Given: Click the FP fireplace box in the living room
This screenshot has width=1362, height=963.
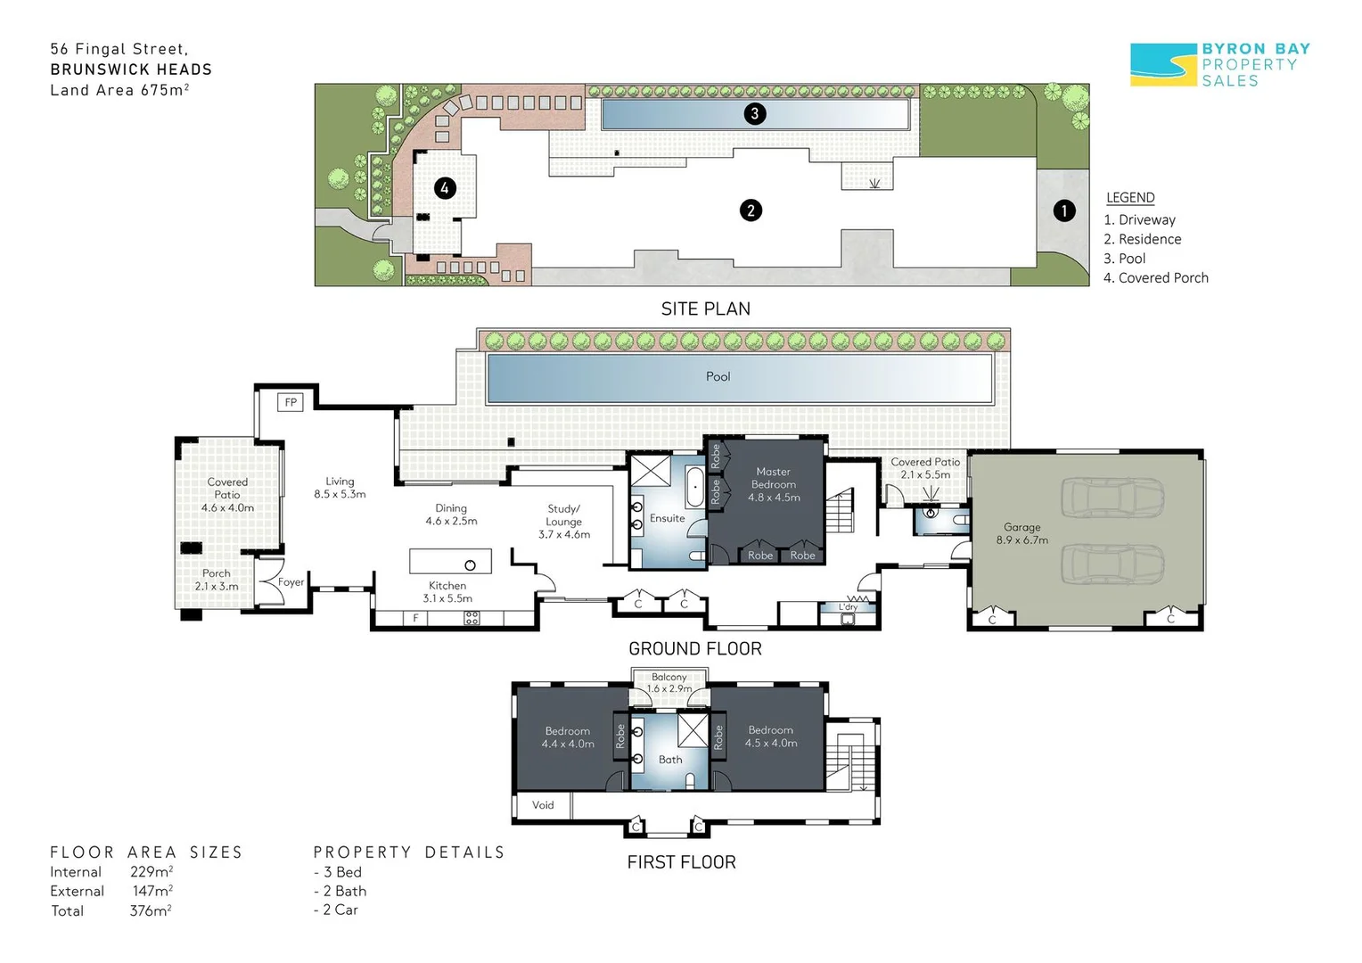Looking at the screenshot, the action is click(290, 402).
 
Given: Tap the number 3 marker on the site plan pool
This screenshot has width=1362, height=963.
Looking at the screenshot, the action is click(755, 114).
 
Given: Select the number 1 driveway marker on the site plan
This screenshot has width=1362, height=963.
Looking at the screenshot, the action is click(1064, 211).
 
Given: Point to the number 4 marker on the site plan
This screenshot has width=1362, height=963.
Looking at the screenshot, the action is click(445, 188).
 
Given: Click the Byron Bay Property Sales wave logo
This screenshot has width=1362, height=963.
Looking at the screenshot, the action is click(1163, 64).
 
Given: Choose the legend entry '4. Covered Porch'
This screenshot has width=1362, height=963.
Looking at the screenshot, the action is click(1156, 278).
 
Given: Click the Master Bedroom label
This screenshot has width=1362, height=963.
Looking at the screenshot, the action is click(774, 478).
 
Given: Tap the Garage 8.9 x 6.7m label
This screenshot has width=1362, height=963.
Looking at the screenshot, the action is click(1022, 533).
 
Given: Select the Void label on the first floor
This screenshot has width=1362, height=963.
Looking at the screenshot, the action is click(543, 805).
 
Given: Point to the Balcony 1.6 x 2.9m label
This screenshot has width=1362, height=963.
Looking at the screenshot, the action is click(669, 682).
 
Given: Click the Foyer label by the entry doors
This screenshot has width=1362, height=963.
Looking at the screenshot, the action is click(291, 582).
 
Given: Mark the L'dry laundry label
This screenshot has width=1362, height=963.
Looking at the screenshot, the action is click(848, 606).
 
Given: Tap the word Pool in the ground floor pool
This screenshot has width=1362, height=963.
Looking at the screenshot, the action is click(718, 376).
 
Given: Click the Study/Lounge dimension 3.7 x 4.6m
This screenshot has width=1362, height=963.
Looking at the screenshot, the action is click(564, 535).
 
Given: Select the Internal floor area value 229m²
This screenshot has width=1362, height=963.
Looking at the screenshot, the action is click(152, 871).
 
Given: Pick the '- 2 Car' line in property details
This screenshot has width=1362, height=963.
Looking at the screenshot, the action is click(336, 909).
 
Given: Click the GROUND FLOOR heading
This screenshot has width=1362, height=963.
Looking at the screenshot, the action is click(695, 649).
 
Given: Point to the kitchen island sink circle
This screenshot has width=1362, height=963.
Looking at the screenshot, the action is click(470, 565).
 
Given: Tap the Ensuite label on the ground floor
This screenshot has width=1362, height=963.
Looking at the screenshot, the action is click(667, 518).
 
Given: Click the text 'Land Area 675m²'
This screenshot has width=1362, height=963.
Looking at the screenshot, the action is click(119, 90).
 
